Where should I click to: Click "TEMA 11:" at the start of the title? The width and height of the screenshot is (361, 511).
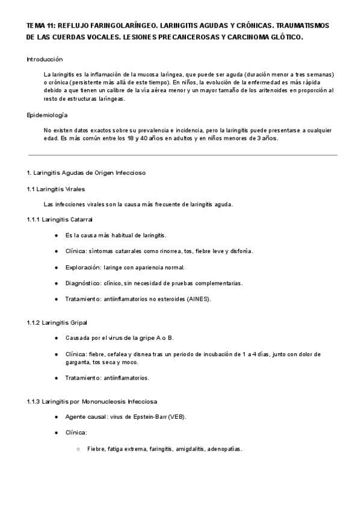(40, 27)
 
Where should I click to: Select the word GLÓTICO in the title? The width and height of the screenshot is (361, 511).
(285, 37)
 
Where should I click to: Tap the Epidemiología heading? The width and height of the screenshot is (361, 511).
(48, 114)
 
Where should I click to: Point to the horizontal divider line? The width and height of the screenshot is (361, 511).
(180, 155)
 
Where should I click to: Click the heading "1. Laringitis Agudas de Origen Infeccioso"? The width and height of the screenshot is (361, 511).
(86, 173)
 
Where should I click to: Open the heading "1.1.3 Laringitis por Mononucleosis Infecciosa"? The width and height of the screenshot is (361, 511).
(93, 401)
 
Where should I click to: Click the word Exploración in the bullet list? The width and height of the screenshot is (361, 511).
(84, 267)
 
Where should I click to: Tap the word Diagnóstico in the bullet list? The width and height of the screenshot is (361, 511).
(84, 283)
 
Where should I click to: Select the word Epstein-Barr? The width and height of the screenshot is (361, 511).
(146, 417)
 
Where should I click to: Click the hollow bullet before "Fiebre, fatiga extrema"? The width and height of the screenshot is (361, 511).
(78, 449)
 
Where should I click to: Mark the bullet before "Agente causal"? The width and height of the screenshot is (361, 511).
(56, 417)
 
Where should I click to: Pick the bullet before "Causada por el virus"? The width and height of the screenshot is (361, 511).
(56, 338)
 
